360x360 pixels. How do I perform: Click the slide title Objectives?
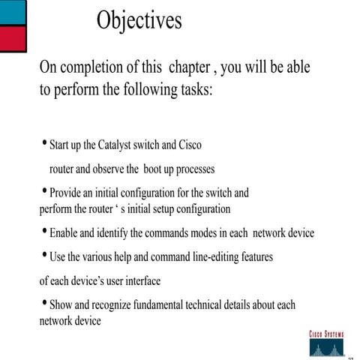pyautogui.click(x=139, y=20)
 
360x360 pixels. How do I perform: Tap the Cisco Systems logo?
pyautogui.click(x=326, y=342)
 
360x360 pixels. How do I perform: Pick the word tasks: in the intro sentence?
pyautogui.click(x=192, y=91)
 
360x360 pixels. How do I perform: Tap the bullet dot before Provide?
pyautogui.click(x=44, y=190)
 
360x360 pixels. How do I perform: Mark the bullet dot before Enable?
pyautogui.click(x=44, y=232)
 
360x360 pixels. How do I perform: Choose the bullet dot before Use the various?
pyautogui.click(x=44, y=256)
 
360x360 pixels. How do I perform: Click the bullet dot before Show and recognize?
pyautogui.click(x=44, y=304)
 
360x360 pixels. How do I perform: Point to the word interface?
pyautogui.click(x=139, y=282)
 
